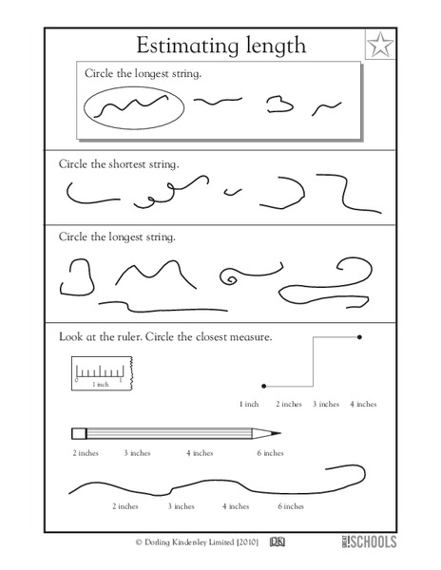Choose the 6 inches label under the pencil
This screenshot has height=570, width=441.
click(x=269, y=453)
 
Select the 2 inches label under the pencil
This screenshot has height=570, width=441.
click(x=85, y=453)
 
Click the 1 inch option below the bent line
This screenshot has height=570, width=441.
click(x=249, y=404)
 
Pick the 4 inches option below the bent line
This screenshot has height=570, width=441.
click(x=363, y=404)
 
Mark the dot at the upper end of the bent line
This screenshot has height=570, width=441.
click(x=359, y=336)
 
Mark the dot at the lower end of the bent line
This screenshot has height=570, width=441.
click(x=262, y=386)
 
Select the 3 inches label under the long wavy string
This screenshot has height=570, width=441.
click(x=181, y=507)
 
